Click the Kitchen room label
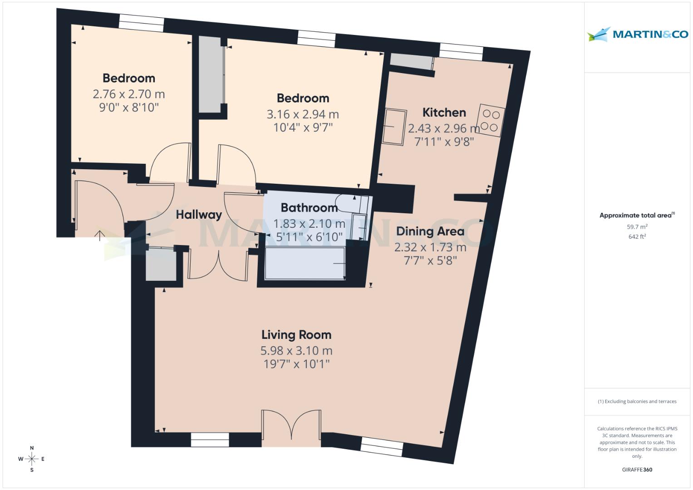(x=444, y=113)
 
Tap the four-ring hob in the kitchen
(x=491, y=120)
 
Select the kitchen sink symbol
(x=394, y=127)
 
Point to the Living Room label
(x=296, y=335)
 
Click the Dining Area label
(x=430, y=231)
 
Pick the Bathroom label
(x=309, y=208)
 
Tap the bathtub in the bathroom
(x=305, y=263)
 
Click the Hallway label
(x=199, y=215)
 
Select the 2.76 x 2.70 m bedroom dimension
(x=128, y=94)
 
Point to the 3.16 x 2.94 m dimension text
(x=303, y=114)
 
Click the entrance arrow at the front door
(x=99, y=235)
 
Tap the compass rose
(x=32, y=459)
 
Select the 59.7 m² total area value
(x=637, y=227)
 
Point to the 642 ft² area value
(x=637, y=236)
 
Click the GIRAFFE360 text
(x=637, y=470)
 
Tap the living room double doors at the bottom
(x=291, y=426)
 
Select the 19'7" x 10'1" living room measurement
(x=296, y=364)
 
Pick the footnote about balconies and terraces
(x=637, y=402)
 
